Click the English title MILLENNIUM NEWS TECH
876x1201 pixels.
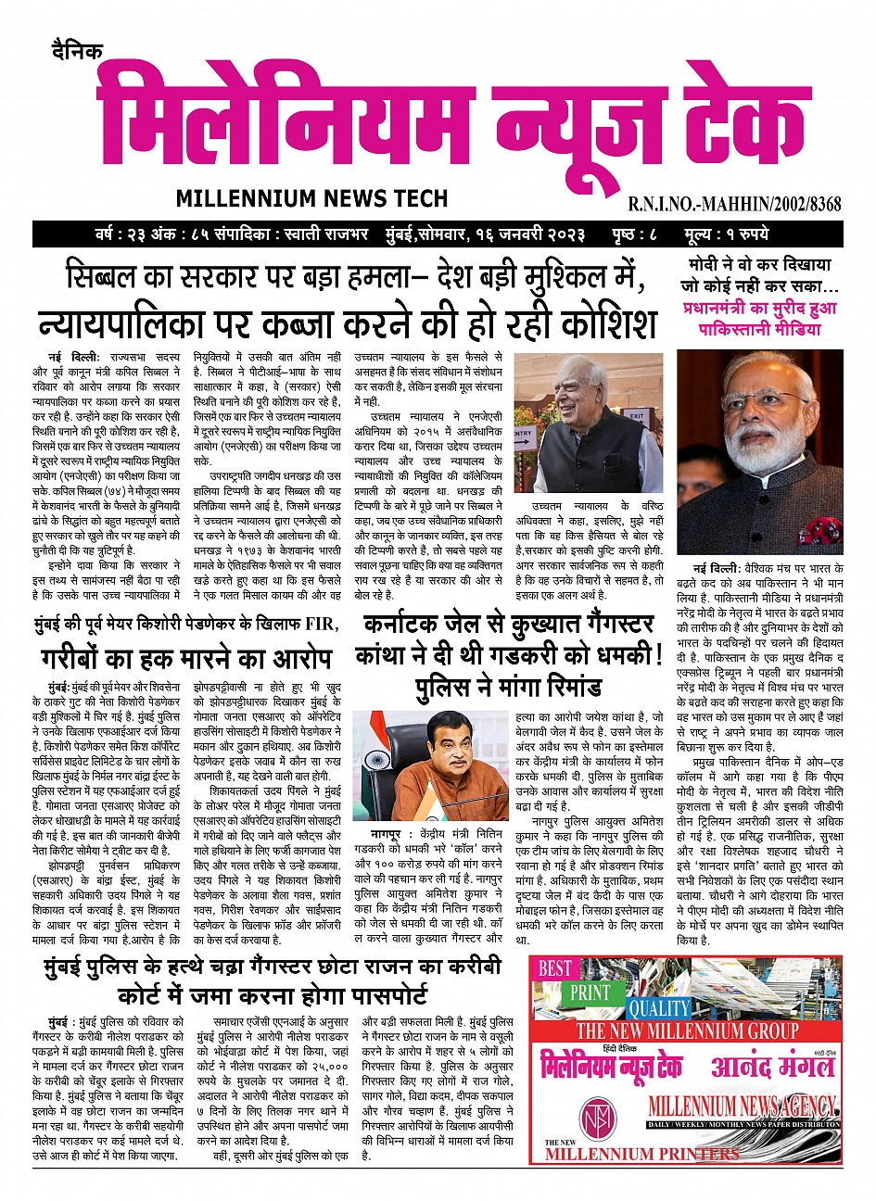pos(311,197)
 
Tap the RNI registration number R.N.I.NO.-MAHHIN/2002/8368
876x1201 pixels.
pos(734,204)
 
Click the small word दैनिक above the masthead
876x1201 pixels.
pos(78,51)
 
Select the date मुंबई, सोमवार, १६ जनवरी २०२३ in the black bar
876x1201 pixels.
pos(485,234)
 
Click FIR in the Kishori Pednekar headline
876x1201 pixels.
pos(313,623)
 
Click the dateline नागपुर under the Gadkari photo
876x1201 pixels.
pos(380,834)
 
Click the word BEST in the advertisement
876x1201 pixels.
pos(555,968)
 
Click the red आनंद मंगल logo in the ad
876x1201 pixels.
pos(772,1066)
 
